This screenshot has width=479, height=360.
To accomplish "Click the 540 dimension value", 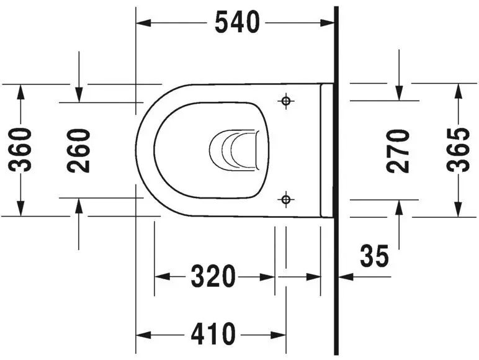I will click(236, 23).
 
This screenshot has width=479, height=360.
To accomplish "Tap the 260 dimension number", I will click(79, 150).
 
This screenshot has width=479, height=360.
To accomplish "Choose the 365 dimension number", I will click(459, 150).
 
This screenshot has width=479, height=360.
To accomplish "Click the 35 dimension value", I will click(374, 255).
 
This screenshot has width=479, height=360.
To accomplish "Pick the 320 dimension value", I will click(213, 277).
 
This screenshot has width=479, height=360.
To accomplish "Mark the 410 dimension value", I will click(213, 335).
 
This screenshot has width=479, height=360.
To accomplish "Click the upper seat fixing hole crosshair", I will click(285, 101).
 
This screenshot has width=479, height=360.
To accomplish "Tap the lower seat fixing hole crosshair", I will click(285, 199).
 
